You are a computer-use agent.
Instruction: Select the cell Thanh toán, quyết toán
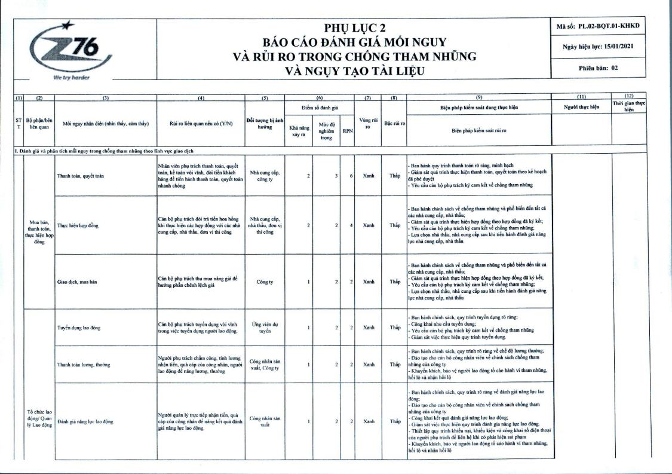point(81,176)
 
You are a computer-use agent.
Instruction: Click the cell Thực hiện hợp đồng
point(78,226)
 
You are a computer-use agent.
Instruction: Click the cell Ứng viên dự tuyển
point(264,327)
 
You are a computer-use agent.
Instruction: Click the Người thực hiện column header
point(581,108)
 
